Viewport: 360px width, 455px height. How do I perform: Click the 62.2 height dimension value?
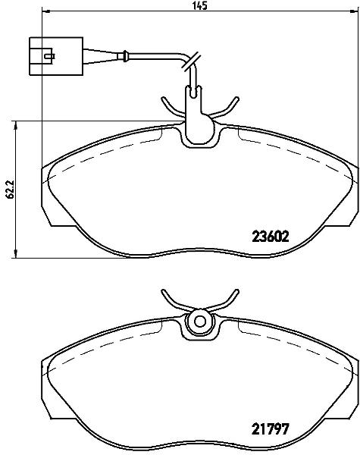pos(11,189)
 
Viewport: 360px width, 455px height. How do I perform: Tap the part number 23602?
pos(271,237)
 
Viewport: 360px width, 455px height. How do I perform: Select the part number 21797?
pos(271,429)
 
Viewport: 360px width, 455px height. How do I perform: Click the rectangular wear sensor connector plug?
pos(56,56)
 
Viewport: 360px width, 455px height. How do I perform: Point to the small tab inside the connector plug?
pos(49,55)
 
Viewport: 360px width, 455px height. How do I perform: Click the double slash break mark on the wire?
pos(190,61)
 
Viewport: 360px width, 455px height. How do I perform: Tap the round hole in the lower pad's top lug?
pos(199,321)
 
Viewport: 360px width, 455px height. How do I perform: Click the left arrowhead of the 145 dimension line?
pos(46,11)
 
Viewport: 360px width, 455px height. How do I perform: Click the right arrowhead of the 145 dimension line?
pos(353,11)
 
